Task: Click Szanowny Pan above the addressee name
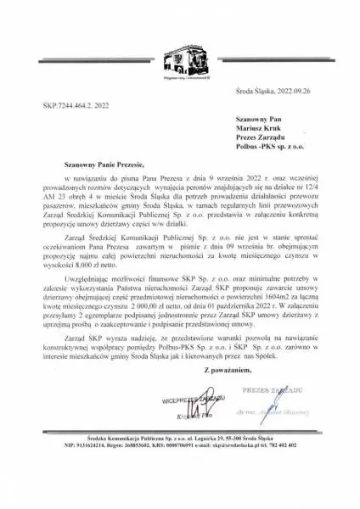click(x=255, y=121)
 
